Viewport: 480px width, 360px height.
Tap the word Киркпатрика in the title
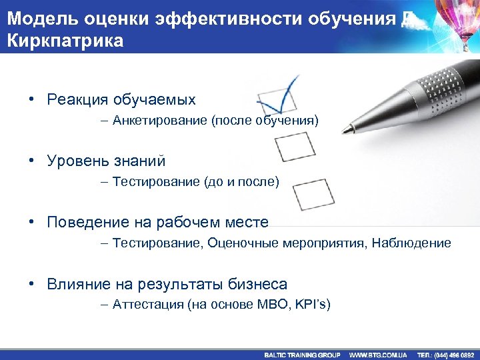pyautogui.click(x=65, y=41)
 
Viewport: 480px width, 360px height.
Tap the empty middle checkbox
pyautogui.click(x=295, y=147)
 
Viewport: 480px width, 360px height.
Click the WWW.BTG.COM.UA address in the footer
pyautogui.click(x=379, y=355)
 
